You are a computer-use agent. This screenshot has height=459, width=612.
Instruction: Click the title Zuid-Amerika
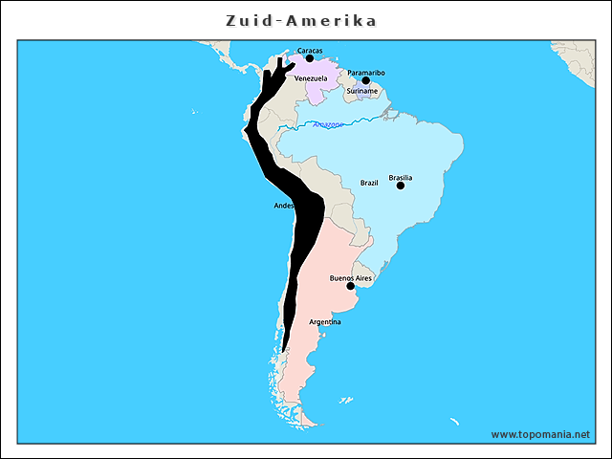(301, 21)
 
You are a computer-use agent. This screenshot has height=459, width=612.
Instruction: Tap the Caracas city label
(310, 50)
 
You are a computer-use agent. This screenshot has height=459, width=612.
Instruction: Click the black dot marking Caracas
(309, 58)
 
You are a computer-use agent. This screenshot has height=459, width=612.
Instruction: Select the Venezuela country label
(311, 77)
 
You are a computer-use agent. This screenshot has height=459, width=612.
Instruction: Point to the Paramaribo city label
(366, 72)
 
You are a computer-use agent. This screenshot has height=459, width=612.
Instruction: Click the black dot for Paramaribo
(365, 80)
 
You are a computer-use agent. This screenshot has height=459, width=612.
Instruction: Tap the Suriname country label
(362, 92)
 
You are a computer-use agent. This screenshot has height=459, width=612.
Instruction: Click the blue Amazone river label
(329, 124)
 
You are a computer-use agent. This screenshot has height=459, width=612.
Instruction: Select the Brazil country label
(369, 182)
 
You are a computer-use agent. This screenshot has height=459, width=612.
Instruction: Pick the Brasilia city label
(401, 177)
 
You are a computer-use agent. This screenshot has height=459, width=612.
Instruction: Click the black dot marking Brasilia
(401, 186)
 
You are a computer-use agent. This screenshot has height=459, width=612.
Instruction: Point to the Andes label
(284, 206)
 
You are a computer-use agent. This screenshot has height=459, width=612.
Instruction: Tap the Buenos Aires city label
(350, 277)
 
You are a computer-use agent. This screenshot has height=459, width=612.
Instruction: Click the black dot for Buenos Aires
(351, 286)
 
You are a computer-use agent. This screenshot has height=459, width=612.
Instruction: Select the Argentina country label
(325, 321)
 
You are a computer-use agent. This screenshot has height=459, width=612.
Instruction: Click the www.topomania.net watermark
(540, 433)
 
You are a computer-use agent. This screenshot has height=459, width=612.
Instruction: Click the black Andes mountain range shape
(304, 229)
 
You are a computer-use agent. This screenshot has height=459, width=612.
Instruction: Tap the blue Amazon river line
(363, 120)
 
